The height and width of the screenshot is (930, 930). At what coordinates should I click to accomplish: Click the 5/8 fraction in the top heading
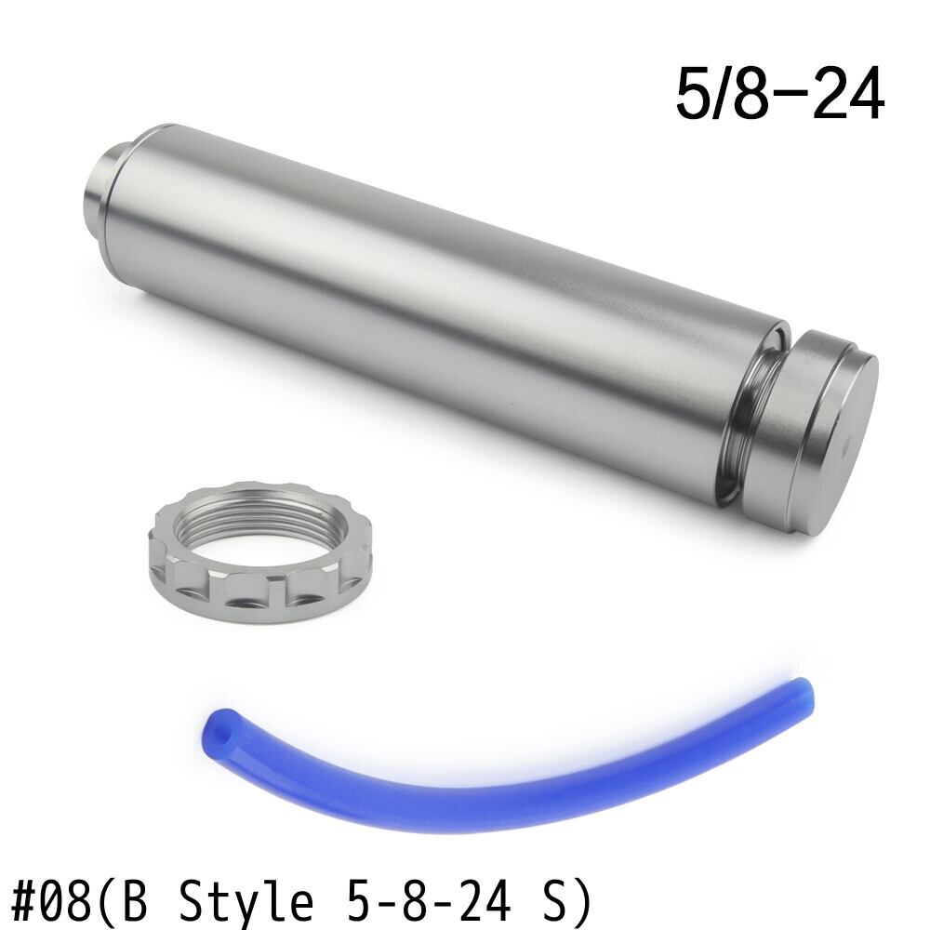click(723, 95)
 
